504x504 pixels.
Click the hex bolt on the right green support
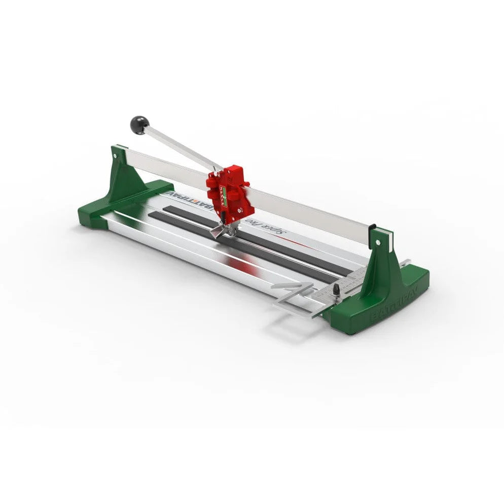(x=378, y=233)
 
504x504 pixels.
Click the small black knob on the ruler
(x=335, y=291)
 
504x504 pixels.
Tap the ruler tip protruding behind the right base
(x=406, y=263)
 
